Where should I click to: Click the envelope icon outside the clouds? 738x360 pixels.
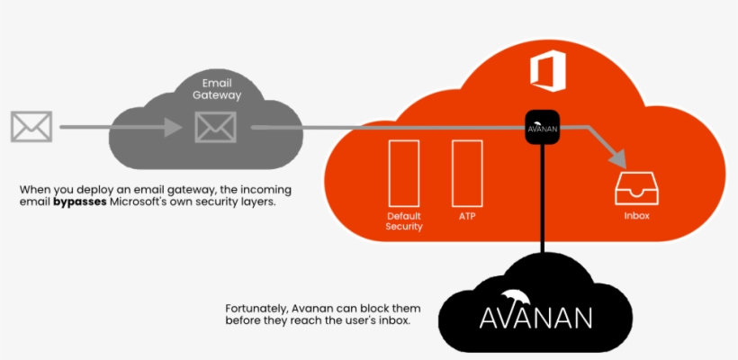[x=31, y=127]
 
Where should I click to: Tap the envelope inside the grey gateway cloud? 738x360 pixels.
[x=215, y=127]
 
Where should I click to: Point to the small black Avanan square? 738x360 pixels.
[x=543, y=127]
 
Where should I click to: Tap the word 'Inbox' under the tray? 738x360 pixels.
[x=636, y=217]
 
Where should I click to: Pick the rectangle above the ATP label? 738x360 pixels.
[x=466, y=171]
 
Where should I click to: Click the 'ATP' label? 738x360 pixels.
[x=466, y=216]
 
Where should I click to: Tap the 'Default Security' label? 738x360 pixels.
[x=404, y=221]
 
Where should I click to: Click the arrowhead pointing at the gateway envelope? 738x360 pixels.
[x=179, y=128]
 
